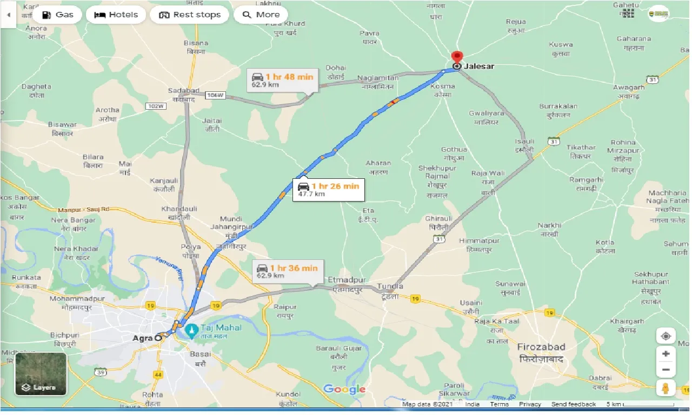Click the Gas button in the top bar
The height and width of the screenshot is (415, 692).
point(57,15)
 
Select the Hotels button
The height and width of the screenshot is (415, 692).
point(116,15)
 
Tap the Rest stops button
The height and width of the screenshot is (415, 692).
point(190,15)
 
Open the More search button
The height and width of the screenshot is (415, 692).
point(261,15)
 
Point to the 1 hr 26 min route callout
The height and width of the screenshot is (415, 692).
point(328,189)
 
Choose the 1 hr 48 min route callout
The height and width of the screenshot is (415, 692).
point(282,80)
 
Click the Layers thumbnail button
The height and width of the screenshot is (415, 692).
point(41,374)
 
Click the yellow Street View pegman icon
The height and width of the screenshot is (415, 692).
point(666,387)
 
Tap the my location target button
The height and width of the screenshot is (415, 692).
point(666,336)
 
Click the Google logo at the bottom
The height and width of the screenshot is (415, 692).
point(344,389)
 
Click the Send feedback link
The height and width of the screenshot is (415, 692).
point(573,404)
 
